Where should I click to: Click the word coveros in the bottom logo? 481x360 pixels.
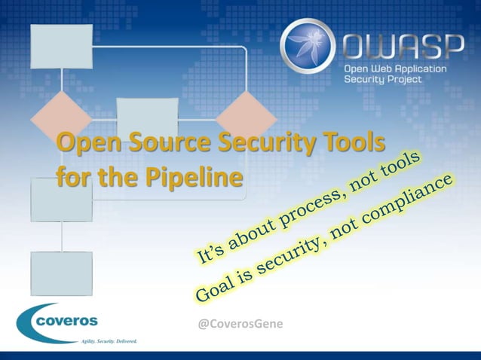(x=66, y=320)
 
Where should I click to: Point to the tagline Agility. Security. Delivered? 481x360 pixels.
(x=109, y=340)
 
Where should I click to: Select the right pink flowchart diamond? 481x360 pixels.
(x=247, y=113)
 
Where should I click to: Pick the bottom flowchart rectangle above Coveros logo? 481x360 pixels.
(x=61, y=273)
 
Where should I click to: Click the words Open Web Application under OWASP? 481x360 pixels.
(x=395, y=69)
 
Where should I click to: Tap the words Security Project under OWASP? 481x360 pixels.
(x=383, y=80)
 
